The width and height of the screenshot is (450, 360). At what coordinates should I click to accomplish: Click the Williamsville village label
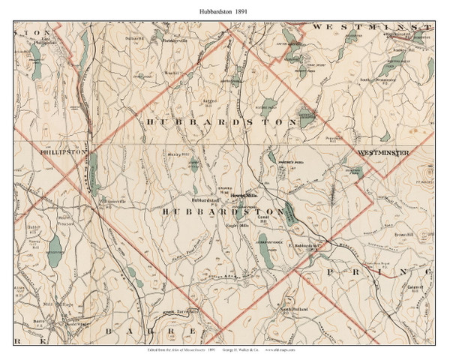pyautogui.click(x=107, y=200)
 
